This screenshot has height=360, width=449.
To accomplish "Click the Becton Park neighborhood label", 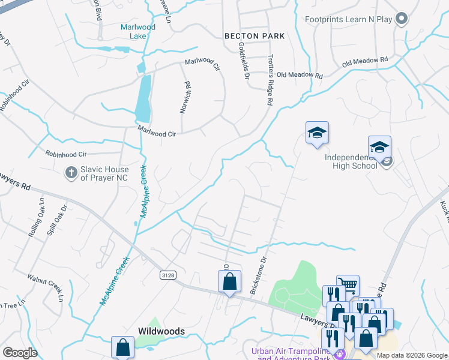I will [x=255, y=36].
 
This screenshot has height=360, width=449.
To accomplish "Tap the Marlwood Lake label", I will [x=138, y=31].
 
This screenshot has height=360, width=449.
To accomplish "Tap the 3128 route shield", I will [x=169, y=275].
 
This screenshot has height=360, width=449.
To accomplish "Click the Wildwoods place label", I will [x=160, y=331].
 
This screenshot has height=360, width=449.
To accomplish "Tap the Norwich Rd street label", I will [x=185, y=98].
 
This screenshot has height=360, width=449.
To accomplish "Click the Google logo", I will [x=20, y=353].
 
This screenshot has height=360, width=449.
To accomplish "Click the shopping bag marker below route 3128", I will [x=229, y=281].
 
